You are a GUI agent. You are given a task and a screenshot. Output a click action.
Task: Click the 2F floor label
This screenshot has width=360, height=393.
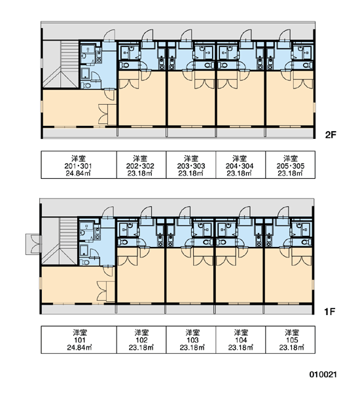330,135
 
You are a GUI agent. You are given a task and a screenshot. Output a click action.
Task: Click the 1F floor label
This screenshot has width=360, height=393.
329,312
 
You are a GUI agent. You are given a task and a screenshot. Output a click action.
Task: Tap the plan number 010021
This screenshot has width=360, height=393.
323,375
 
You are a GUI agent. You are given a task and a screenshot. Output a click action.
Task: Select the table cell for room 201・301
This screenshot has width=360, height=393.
79,164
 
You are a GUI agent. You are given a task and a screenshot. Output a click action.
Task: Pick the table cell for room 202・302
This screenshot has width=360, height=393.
141,164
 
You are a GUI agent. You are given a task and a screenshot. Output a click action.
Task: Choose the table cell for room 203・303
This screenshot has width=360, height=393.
191,164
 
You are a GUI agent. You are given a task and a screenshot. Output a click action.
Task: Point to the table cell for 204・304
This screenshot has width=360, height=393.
240,164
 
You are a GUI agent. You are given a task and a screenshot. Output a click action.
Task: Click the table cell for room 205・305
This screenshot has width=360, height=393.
291,164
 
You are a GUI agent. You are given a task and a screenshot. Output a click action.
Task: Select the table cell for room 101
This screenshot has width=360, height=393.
79,339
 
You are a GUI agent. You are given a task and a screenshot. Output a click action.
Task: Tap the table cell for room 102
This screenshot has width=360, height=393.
141,339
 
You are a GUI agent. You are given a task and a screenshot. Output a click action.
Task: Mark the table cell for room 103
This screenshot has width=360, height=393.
191,339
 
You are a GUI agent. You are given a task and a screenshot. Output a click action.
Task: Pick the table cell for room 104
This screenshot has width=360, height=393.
240,339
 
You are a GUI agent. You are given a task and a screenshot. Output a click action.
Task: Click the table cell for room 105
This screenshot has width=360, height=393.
291,339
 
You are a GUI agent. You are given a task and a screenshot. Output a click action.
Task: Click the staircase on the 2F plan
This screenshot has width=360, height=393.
61,64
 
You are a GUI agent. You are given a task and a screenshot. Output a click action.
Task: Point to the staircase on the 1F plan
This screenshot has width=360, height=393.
60,241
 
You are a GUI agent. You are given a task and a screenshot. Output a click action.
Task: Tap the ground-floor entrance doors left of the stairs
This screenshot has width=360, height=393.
33,244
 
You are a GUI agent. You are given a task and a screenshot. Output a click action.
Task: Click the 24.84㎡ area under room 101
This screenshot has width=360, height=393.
79,348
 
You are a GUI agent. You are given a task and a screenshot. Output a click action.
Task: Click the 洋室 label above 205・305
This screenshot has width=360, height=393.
291,159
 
